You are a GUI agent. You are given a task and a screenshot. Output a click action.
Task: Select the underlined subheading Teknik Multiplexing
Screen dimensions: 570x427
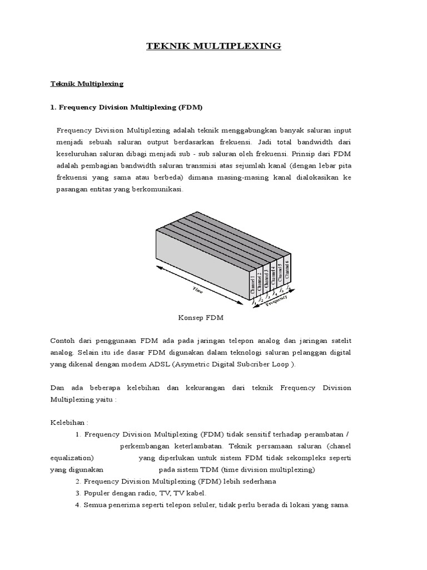(x=86, y=84)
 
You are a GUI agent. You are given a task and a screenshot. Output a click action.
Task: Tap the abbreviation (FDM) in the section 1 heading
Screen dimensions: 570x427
(x=191, y=106)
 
